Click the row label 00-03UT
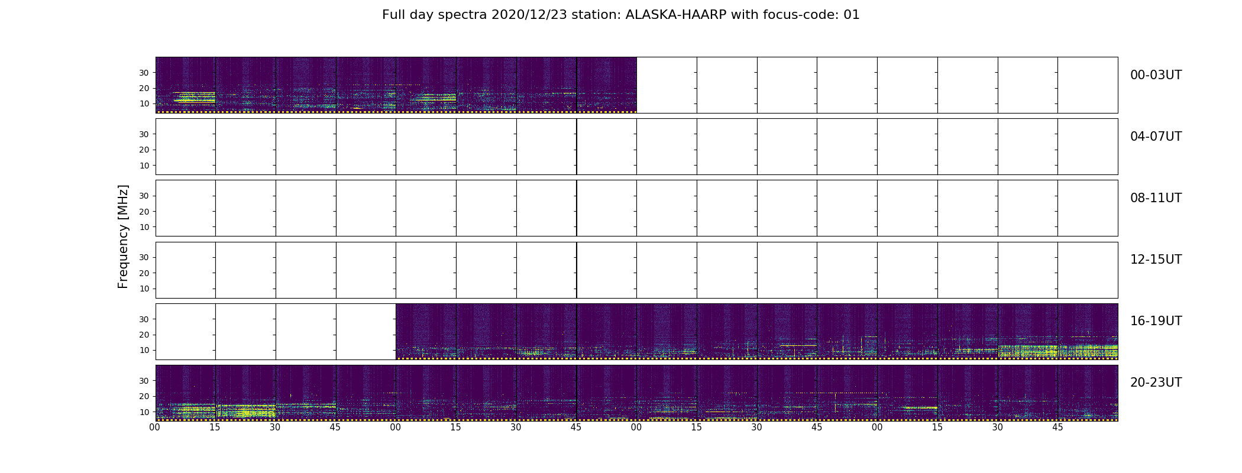point(1156,75)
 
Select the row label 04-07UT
point(1156,137)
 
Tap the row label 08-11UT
point(1156,198)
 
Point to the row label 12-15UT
point(1156,260)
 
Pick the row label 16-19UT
point(1156,321)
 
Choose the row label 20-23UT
point(1156,383)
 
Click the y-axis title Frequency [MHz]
point(123,237)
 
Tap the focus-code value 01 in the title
point(852,15)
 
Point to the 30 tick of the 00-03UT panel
point(144,73)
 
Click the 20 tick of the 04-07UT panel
point(144,150)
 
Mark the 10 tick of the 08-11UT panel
point(144,227)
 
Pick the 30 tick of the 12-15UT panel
point(144,257)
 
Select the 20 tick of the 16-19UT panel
point(144,335)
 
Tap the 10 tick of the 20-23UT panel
point(144,412)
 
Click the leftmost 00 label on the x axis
point(155,427)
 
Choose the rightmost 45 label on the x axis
point(1057,427)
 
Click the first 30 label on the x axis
point(275,427)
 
